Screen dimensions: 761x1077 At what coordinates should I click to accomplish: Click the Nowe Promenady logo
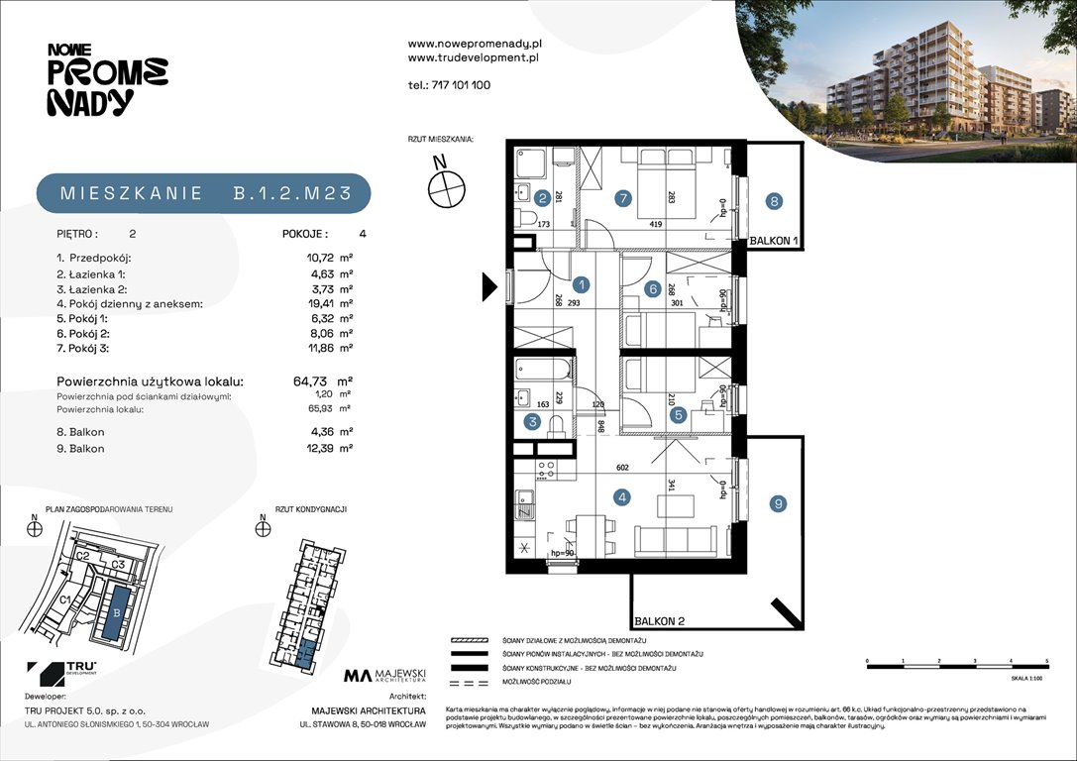107,78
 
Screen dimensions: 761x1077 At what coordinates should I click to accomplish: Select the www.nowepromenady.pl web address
473,45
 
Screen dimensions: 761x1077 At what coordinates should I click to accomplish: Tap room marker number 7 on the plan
622,198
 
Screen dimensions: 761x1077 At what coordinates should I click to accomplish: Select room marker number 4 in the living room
621,498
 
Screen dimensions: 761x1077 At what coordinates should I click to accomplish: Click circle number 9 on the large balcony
779,504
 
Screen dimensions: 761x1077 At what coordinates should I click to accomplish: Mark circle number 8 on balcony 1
774,201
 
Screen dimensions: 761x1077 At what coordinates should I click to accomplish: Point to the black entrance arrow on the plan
489,286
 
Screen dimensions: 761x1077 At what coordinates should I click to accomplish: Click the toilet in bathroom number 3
557,425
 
